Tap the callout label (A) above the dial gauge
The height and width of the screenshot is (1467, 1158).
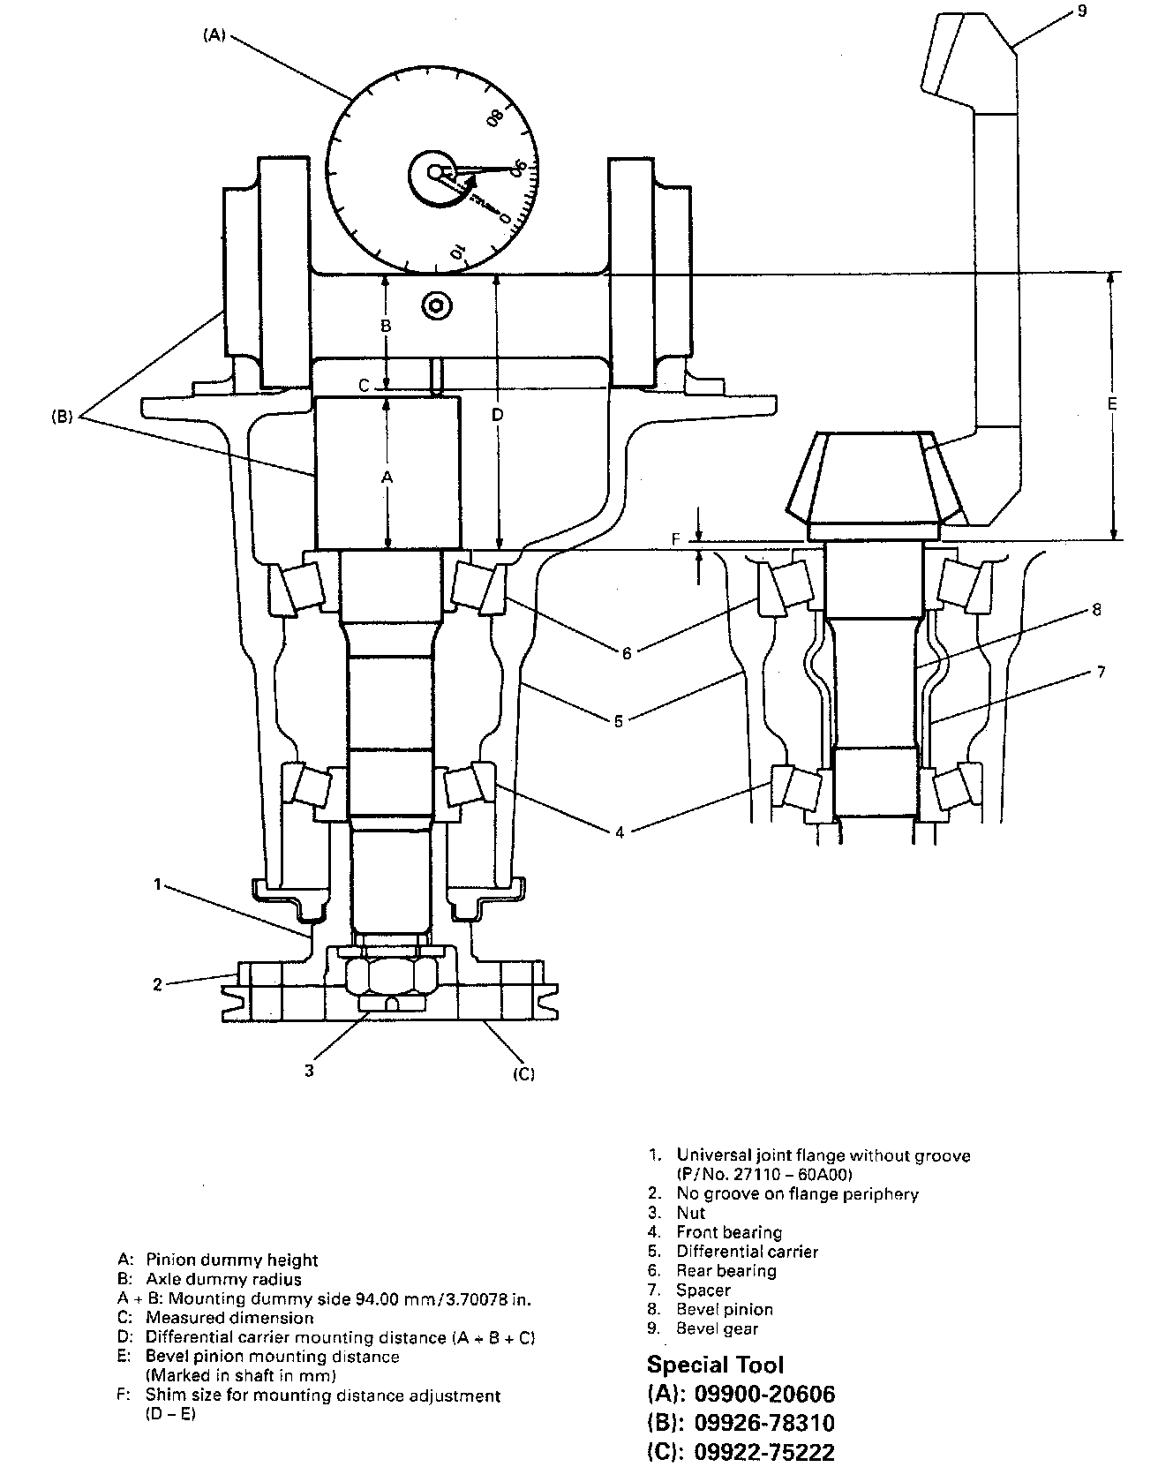coord(214,35)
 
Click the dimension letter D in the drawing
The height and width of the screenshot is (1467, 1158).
coord(498,414)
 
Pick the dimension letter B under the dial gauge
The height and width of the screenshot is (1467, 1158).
coord(385,326)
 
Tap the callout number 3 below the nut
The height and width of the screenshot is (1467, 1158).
coord(308,1071)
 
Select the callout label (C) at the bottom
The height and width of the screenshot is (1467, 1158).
coord(523,1073)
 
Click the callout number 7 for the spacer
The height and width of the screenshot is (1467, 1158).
coord(1100,672)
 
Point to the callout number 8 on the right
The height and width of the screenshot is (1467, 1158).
coord(1096,609)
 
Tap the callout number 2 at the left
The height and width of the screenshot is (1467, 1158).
coord(157,984)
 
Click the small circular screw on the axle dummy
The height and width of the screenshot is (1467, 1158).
coord(436,306)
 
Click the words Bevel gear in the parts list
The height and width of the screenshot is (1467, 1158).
coord(717,1328)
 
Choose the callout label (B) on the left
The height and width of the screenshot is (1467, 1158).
coord(64,417)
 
